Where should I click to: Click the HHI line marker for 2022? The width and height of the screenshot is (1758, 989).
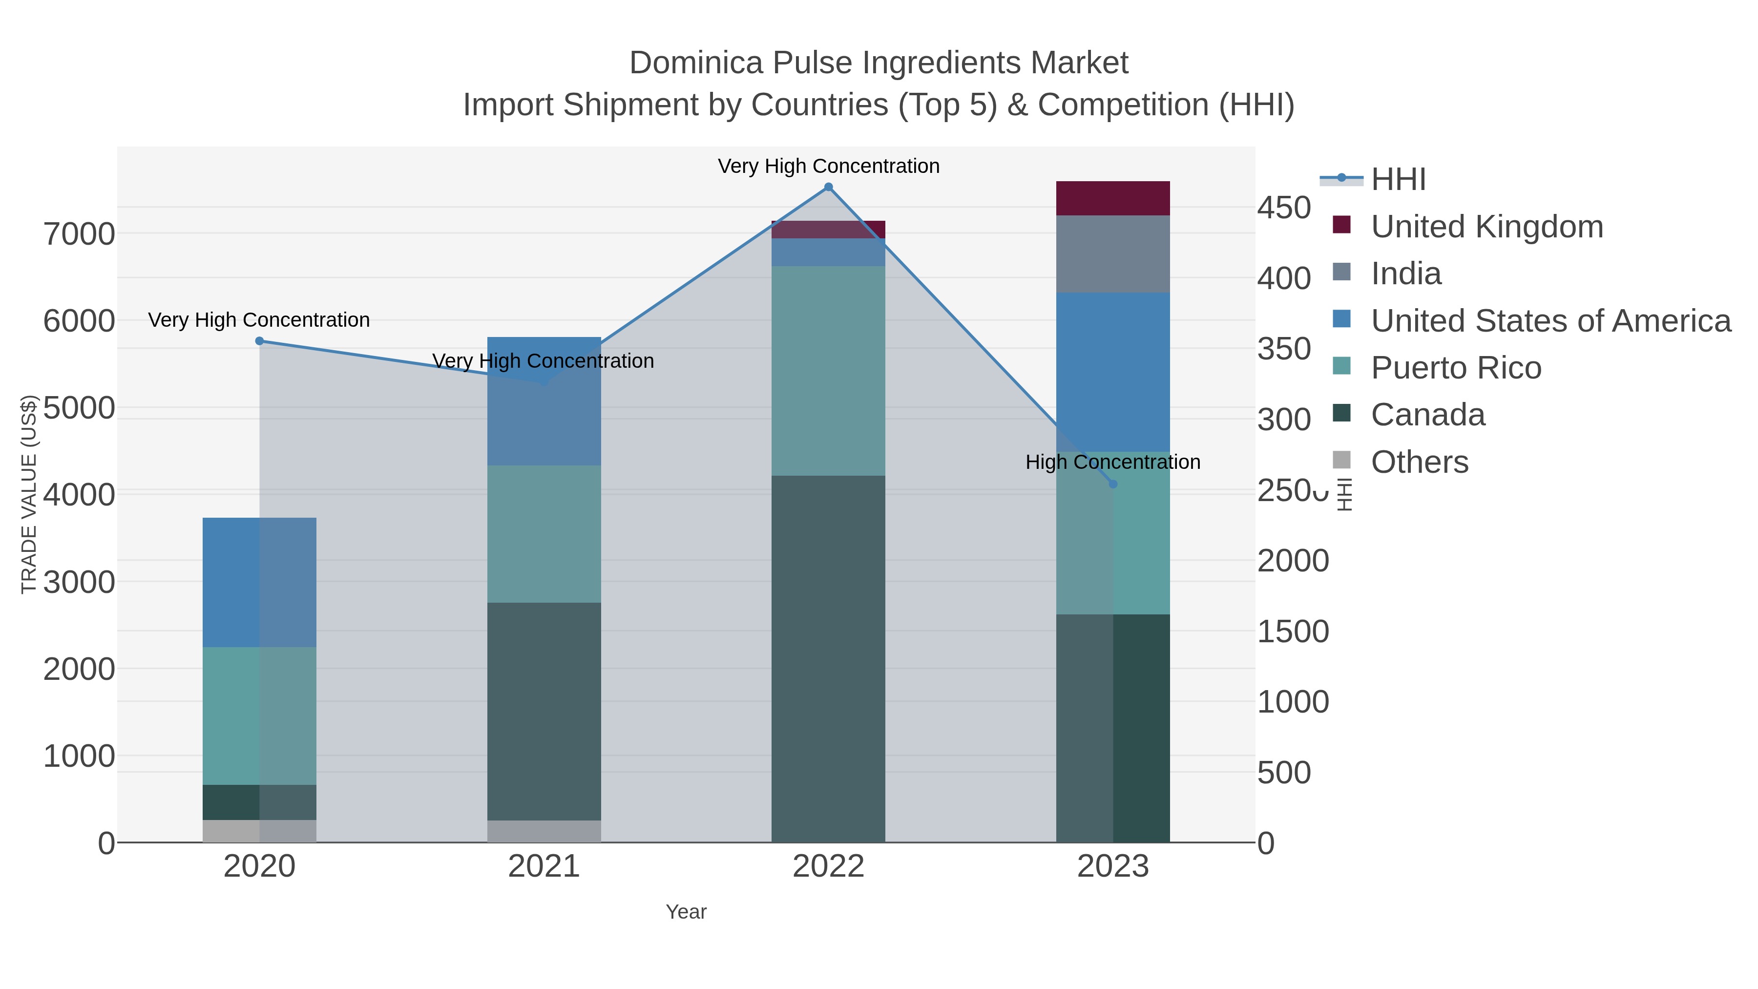point(829,187)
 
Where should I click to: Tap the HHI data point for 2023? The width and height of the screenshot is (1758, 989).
point(1113,484)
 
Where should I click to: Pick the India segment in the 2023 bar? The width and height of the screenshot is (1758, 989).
point(1113,254)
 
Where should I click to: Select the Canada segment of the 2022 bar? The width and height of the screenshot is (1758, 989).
point(829,659)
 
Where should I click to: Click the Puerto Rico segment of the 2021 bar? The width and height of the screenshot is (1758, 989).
point(544,534)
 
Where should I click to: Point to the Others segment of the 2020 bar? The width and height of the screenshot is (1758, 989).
point(259,831)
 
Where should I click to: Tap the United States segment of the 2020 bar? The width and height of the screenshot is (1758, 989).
point(259,582)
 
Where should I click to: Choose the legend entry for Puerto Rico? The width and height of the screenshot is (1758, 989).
point(1456,368)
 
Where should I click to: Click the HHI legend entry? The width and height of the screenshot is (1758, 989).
point(1399,180)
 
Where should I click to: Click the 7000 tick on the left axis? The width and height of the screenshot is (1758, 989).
point(79,234)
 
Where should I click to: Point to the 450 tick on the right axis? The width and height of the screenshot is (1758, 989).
point(1284,208)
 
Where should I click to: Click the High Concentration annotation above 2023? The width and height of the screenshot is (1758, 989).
point(1112,462)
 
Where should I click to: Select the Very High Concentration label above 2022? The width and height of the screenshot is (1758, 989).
point(829,167)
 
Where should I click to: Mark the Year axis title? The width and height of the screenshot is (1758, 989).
point(686,912)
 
